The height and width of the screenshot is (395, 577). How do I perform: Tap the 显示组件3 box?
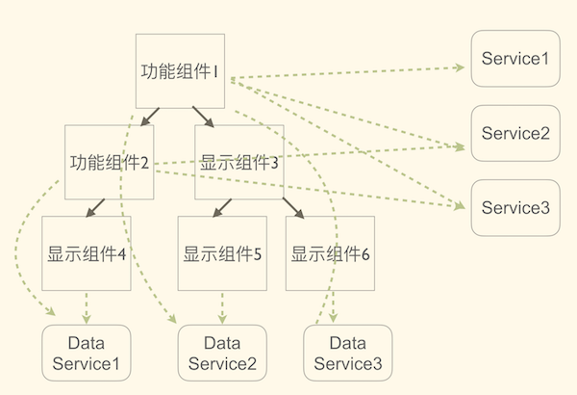[x=239, y=162]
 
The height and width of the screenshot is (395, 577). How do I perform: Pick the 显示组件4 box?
[x=88, y=254]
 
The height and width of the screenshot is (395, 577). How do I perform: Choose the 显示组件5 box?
[x=223, y=254]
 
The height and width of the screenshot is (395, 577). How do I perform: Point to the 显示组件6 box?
[x=331, y=254]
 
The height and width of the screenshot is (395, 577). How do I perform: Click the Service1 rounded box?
[x=514, y=59]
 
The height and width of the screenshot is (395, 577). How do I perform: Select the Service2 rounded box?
[x=514, y=133]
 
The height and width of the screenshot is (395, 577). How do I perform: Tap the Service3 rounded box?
[x=514, y=208]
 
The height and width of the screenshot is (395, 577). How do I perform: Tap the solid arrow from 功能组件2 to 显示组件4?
[x=97, y=207]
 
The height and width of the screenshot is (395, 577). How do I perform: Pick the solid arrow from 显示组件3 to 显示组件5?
[x=221, y=207]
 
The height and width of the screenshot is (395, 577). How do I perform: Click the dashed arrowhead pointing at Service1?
[x=458, y=67]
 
